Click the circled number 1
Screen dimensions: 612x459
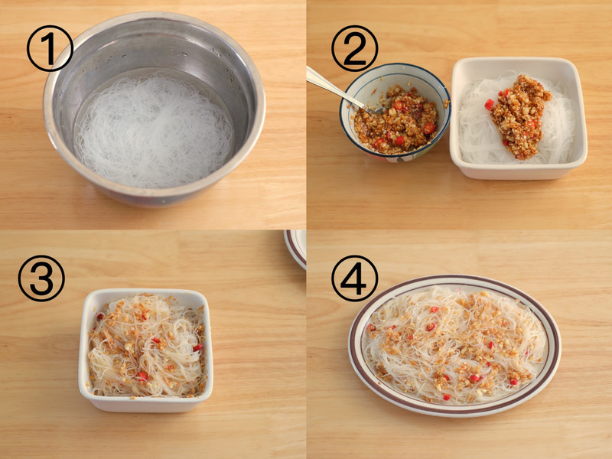point(50,48)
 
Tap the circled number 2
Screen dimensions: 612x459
point(354,48)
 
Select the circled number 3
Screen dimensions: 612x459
point(41,278)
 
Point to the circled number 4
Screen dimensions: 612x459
point(354,278)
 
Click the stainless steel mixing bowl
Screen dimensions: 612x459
point(155,109)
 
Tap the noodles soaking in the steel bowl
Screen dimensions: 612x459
point(155,131)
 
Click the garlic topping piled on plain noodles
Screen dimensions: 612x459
point(519,117)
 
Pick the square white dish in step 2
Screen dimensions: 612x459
point(519,118)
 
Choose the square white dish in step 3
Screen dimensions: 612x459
point(145,350)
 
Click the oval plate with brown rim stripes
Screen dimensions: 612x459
point(454,346)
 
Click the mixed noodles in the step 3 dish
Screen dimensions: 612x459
point(146,346)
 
